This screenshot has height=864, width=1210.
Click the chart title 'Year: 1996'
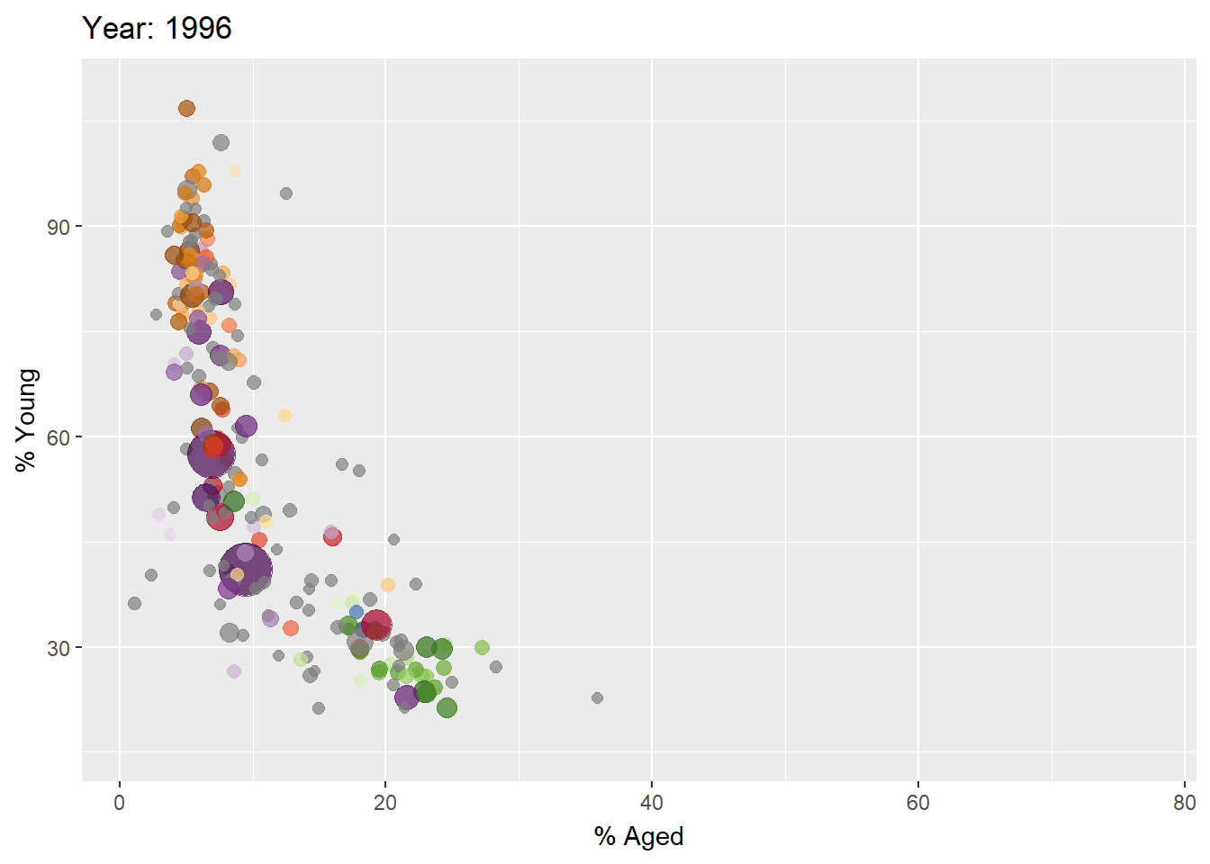[x=157, y=29]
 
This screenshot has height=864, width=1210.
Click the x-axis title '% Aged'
[x=638, y=836]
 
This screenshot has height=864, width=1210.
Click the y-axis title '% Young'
[x=27, y=420]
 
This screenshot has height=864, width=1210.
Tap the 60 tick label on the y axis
[x=59, y=437]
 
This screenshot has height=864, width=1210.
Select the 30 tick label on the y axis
[x=59, y=648]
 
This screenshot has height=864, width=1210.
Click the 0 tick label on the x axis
[x=120, y=803]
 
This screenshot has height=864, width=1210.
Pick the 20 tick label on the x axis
[x=385, y=803]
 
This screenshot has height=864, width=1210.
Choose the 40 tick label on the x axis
[x=652, y=803]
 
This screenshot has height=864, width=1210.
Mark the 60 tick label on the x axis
[x=917, y=803]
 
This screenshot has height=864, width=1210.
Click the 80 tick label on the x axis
[x=1184, y=803]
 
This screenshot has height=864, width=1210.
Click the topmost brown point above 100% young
[x=186, y=109]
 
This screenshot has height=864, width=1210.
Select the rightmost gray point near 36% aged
[x=597, y=697]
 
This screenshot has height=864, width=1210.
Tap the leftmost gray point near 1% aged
[x=134, y=603]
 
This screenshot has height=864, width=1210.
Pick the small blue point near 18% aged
[x=357, y=612]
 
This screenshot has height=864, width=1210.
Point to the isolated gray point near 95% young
[x=286, y=193]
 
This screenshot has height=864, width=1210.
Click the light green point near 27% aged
[x=482, y=648]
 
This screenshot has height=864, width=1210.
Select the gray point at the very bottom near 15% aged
[x=319, y=708]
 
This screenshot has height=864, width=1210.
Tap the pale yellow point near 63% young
[x=284, y=415]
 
